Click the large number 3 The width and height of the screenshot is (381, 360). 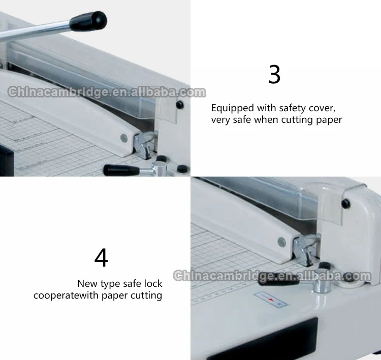[274, 74]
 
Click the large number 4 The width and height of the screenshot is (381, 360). [101, 257]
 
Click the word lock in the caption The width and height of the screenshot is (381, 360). [153, 283]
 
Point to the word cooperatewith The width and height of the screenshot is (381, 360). [66, 296]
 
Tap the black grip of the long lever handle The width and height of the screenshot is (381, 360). [88, 21]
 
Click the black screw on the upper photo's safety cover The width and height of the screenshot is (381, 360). [179, 105]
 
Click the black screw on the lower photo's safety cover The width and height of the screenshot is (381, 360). [346, 203]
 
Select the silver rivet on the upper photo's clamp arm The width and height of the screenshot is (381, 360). [124, 138]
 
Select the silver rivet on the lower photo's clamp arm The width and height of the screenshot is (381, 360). [281, 242]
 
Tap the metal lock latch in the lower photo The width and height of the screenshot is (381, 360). [305, 249]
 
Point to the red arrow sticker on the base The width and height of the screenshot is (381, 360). [271, 300]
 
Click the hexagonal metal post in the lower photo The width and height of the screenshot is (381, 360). [322, 286]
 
